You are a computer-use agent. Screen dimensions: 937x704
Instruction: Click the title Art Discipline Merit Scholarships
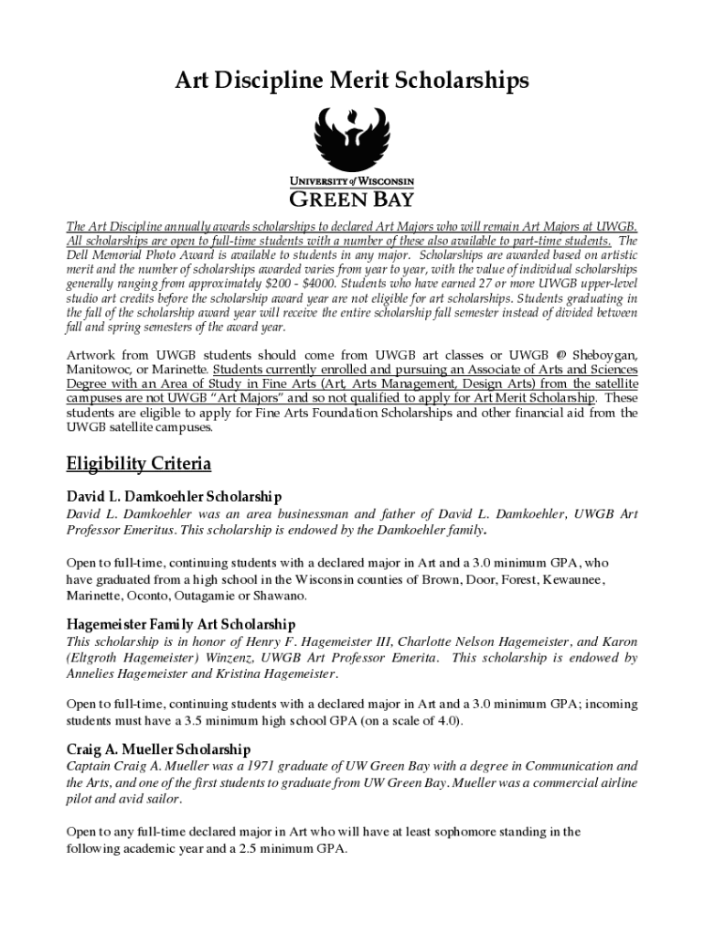click(352, 81)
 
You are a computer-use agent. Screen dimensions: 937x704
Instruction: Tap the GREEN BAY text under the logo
click(351, 198)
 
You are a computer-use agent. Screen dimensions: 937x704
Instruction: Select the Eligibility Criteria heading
click(139, 464)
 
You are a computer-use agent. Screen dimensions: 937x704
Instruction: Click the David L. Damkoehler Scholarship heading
click(174, 497)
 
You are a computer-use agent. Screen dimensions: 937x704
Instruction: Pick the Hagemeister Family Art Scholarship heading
click(181, 624)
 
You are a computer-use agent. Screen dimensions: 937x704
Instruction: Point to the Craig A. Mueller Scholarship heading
click(158, 749)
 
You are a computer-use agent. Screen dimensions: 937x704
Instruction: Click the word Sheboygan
click(604, 355)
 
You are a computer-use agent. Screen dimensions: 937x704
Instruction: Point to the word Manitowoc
click(100, 370)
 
